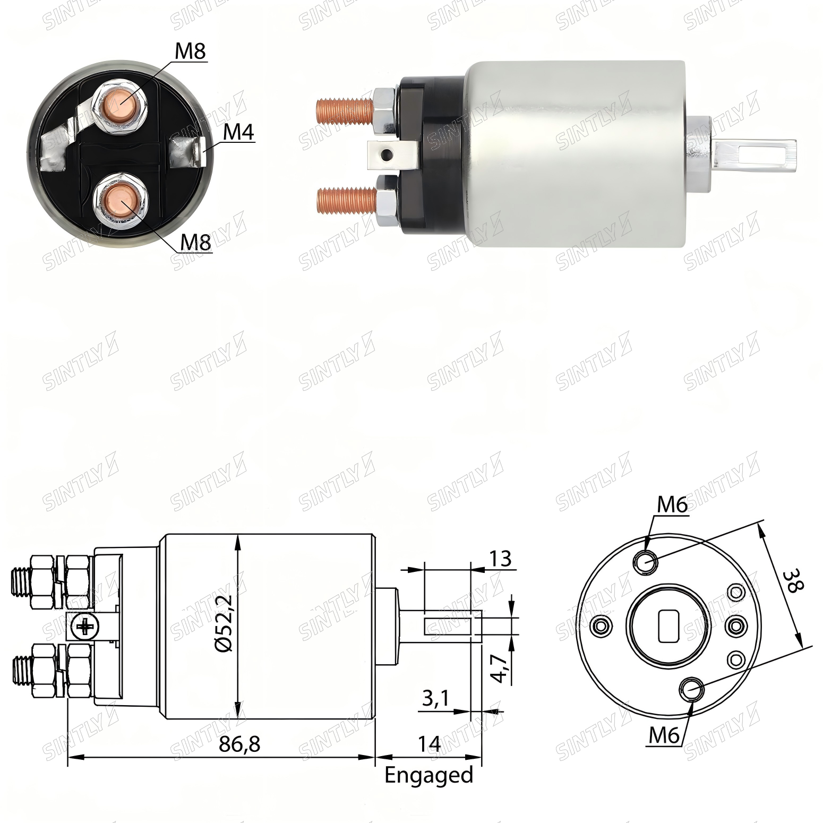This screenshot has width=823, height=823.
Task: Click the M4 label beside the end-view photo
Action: click(x=238, y=132)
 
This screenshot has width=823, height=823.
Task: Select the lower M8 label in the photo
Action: click(x=196, y=242)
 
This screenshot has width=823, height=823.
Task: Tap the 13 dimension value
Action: click(x=500, y=558)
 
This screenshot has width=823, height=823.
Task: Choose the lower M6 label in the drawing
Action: click(x=664, y=735)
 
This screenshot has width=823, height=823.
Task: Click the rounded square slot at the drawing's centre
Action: click(x=668, y=626)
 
